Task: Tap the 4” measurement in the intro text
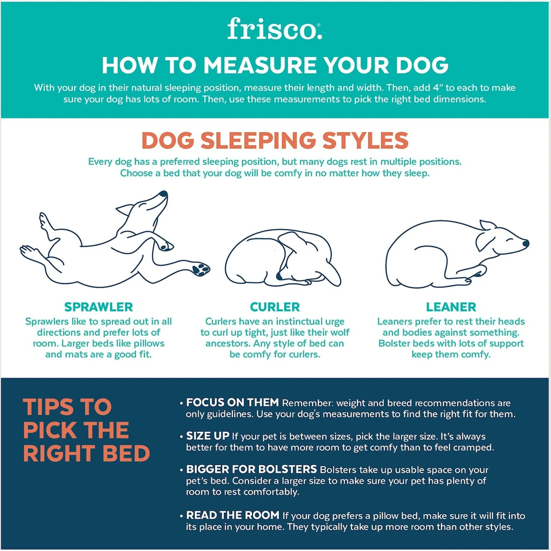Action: point(436,88)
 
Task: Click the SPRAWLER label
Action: point(98,307)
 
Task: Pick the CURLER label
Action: point(275,307)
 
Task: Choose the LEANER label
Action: point(451,307)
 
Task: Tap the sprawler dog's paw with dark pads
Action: point(200,269)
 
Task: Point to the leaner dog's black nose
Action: point(526,243)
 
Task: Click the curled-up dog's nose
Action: point(280,276)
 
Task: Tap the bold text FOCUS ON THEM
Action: point(232,403)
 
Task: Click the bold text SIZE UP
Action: point(208,436)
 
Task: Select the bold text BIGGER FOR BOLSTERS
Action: point(251,469)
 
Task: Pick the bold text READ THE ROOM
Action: point(233,515)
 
